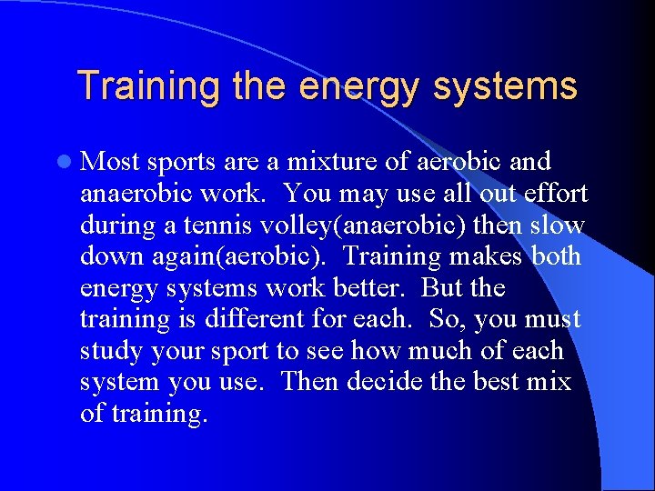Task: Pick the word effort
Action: pyautogui.click(x=554, y=194)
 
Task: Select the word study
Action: pyautogui.click(x=111, y=352)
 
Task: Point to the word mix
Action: pyautogui.click(x=551, y=383)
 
